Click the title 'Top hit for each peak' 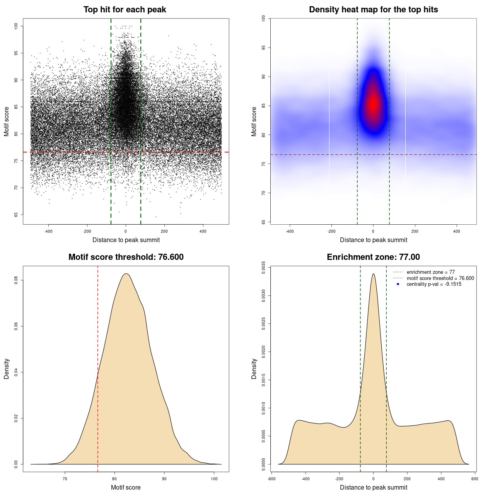[125, 10]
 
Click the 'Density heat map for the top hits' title [373, 10]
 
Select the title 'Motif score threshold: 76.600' [126, 257]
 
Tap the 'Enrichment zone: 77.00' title [373, 257]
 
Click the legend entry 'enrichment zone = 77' [430, 272]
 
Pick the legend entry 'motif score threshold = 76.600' [440, 278]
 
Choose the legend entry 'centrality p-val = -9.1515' [434, 284]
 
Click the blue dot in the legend [398, 284]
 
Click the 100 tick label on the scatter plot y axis [16, 26]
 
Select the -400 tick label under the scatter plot [48, 231]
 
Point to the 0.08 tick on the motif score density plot [16, 280]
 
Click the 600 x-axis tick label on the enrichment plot [475, 479]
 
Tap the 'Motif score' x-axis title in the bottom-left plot [126, 487]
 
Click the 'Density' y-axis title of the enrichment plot [254, 369]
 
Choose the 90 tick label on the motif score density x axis [164, 479]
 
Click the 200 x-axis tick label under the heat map [415, 231]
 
